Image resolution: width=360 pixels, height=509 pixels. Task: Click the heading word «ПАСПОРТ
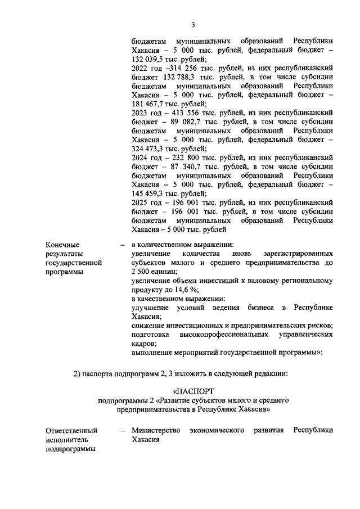point(194,390)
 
